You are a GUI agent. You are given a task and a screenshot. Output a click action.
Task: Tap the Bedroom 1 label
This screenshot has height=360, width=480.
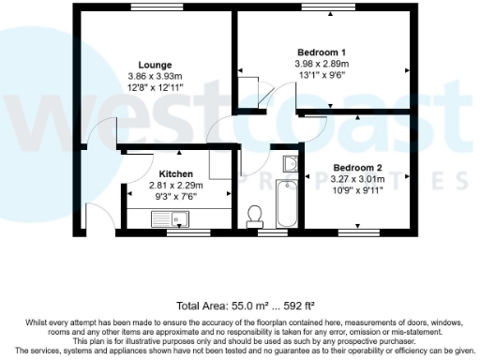(x=322, y=52)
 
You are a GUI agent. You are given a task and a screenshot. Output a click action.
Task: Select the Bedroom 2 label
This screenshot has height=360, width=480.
(x=356, y=167)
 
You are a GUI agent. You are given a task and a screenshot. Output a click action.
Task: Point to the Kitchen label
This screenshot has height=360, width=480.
(x=175, y=173)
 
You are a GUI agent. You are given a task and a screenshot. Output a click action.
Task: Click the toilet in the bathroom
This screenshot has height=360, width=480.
(x=253, y=217)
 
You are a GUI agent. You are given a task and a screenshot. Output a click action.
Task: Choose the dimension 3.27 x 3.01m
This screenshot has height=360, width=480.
(x=356, y=178)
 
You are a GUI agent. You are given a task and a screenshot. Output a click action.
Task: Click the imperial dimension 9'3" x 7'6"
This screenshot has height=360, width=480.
(x=175, y=196)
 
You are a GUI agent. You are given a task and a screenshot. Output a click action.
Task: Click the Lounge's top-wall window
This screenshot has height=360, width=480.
(x=151, y=10)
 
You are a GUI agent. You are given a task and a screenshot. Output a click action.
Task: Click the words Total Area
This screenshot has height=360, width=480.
(x=197, y=306)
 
